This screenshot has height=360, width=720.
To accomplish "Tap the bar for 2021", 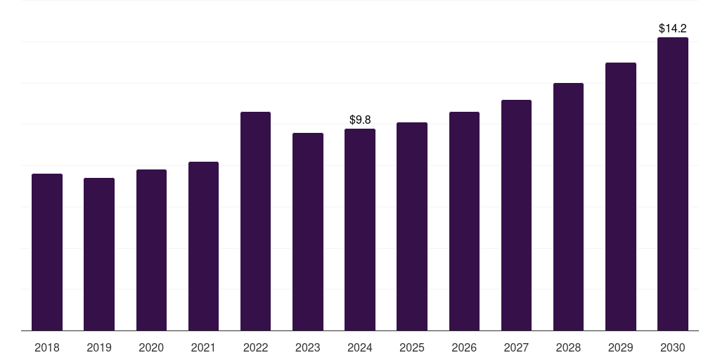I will pos(203,246).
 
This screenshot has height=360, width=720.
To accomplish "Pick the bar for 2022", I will pos(255,221).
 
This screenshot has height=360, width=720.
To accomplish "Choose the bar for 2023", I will pos(308,231).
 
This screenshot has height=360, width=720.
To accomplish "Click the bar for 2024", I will pos(360,229).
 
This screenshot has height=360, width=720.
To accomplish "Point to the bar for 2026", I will pos(464,221).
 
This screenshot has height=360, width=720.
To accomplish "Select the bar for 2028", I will pos(568,207).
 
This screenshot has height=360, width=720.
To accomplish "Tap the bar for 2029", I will pos(621,196).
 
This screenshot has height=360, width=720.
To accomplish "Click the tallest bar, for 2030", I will pos(673,184).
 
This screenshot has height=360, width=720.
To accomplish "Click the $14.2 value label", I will pos(673,29).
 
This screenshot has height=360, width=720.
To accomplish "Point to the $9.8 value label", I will pos(360,120).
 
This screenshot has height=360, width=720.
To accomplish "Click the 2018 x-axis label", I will pos(47,347).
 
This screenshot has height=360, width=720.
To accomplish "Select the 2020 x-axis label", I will pos(151,347).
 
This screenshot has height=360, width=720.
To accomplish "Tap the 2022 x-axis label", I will pos(255,347).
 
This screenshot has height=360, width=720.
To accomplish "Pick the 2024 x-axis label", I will pos(360,347).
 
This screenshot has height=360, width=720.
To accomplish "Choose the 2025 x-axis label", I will pos(412,347).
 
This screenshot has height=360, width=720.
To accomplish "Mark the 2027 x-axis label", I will pos(516,347).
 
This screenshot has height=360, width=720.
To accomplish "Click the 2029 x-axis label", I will pos(621,347).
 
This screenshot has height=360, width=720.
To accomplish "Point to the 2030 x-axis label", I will pos(673,347).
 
